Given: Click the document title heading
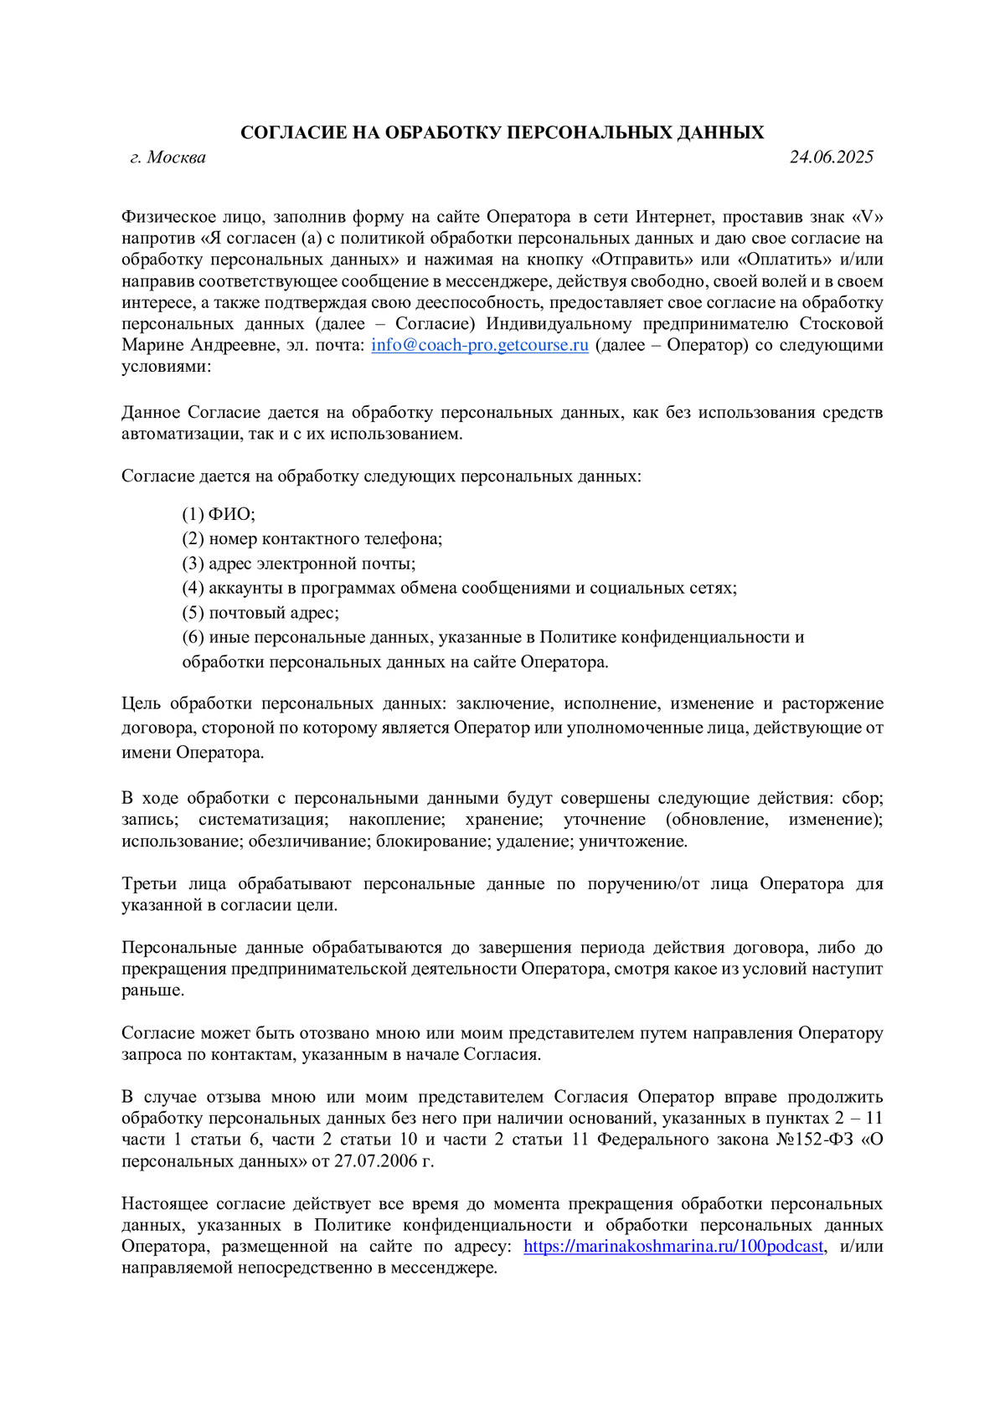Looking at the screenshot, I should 502,132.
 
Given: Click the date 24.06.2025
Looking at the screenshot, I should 831,157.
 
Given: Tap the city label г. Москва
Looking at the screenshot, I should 167,157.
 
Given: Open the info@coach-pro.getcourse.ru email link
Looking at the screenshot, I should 480,345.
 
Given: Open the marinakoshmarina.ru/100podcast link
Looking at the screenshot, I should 673,1246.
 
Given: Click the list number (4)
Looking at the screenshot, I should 193,588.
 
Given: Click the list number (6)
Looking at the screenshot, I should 193,637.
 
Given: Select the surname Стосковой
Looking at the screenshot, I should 841,324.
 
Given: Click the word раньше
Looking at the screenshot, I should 152,990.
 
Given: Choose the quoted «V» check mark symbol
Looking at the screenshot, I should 867,217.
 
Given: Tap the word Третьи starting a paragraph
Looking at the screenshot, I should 149,884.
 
